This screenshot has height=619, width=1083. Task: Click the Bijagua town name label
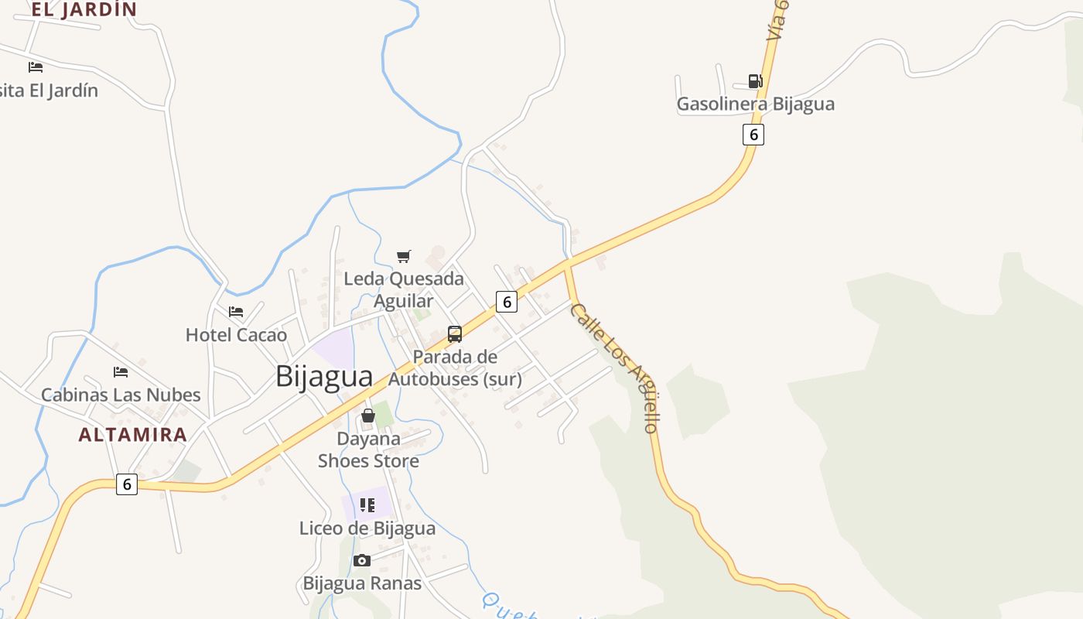coord(324,376)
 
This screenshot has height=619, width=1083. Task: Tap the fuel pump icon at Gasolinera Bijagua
coord(755,80)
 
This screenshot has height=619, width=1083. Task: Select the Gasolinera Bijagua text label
coord(755,104)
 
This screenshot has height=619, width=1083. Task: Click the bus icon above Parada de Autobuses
coord(455,334)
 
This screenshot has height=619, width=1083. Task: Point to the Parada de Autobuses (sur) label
coord(455,368)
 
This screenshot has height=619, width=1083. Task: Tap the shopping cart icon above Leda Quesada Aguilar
coord(403,256)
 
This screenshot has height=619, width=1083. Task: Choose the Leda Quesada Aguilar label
coord(404,289)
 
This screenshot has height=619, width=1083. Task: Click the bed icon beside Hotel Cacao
coord(236,312)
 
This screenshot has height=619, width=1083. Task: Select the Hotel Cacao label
coord(236,335)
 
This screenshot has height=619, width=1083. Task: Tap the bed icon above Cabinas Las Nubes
coord(120,372)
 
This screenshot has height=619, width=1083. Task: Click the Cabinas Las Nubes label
coord(121,395)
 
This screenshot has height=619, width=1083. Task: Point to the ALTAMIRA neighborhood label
coord(133,434)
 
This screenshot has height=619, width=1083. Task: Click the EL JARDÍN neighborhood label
coord(84,9)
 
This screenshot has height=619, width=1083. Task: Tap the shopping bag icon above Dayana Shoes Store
coord(368,416)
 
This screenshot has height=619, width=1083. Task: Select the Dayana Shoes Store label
coord(369,450)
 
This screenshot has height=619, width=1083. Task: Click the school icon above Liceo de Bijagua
coord(367,505)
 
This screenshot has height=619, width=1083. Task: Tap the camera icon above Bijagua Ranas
coord(361,560)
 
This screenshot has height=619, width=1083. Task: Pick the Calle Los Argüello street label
coord(615,367)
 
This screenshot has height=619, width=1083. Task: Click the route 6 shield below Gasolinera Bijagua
coord(753,134)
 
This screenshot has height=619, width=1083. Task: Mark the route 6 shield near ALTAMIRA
coord(127,484)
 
